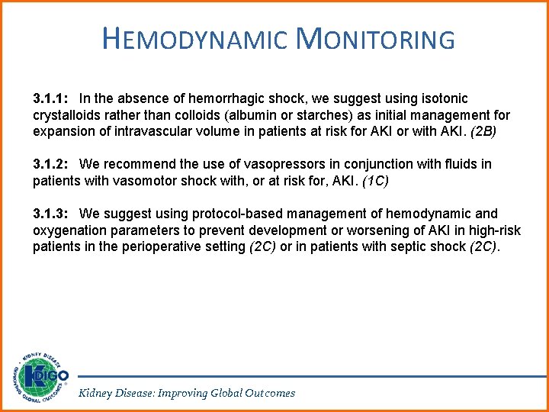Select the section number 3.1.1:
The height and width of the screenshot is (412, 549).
52,98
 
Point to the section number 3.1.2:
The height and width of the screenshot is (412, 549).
52,164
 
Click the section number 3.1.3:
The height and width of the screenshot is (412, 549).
52,214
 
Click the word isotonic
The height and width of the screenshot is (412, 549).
443,98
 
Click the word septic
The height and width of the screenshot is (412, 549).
412,246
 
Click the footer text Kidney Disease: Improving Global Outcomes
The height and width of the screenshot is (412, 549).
187,393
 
